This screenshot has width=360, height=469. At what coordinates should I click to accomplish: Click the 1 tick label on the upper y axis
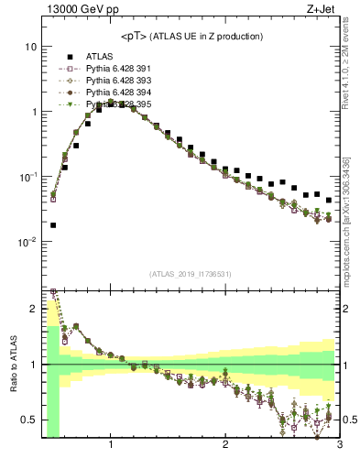pyautogui.click(x=34, y=112)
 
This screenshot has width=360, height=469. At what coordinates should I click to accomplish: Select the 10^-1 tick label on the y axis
pyautogui.click(x=29, y=176)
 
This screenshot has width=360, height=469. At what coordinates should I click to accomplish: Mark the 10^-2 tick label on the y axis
pyautogui.click(x=29, y=242)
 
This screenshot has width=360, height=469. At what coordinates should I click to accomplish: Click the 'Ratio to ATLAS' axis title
pyautogui.click(x=12, y=364)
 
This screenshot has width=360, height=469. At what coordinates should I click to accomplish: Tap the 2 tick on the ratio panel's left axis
pyautogui.click(x=34, y=308)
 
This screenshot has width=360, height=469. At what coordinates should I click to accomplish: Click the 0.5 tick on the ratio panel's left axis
pyautogui.click(x=29, y=420)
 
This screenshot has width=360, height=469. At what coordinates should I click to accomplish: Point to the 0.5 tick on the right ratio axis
pyautogui.click(x=351, y=420)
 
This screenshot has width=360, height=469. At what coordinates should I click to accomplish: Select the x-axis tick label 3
pyautogui.click(x=339, y=445)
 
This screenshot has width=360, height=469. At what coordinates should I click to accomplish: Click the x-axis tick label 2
pyautogui.click(x=225, y=445)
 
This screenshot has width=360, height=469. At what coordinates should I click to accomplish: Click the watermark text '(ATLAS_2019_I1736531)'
pyautogui.click(x=191, y=274)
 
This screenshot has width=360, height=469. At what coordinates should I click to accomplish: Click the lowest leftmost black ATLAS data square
pyautogui.click(x=53, y=224)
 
